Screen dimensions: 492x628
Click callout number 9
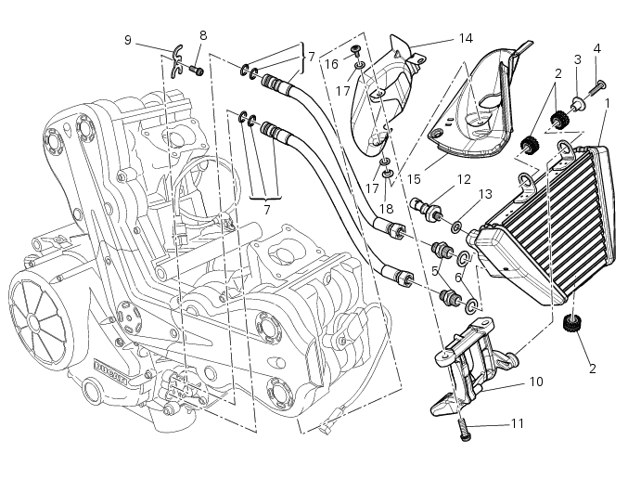[x=128, y=39]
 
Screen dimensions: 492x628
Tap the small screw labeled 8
[x=197, y=69]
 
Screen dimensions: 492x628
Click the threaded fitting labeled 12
[x=433, y=206]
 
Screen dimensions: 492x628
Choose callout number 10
[x=536, y=382]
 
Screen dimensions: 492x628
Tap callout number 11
[x=517, y=423]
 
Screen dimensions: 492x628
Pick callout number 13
[x=483, y=193]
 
